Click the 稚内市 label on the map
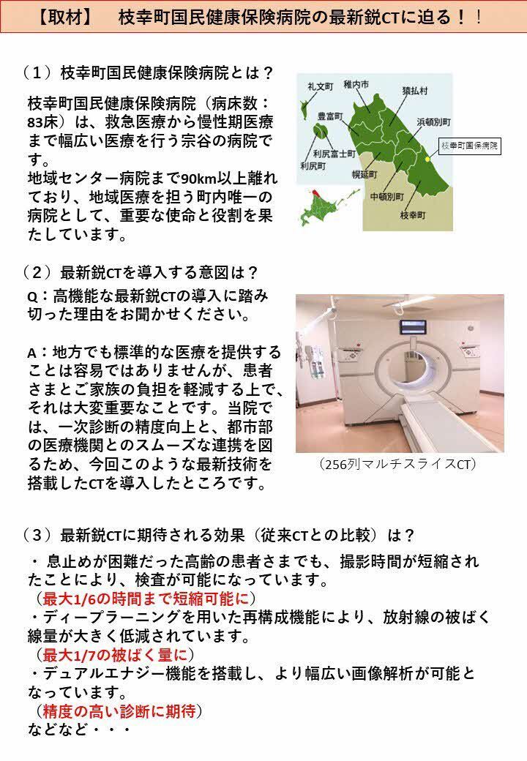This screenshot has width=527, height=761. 356,85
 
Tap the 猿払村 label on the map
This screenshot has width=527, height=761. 414,91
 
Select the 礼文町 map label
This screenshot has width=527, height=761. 319,86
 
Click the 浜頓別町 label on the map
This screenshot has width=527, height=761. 433,121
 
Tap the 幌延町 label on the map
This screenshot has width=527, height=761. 364,174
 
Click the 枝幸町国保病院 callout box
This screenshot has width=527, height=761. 469,146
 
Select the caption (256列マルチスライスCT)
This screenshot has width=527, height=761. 399,464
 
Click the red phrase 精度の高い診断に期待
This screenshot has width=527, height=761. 118,710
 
